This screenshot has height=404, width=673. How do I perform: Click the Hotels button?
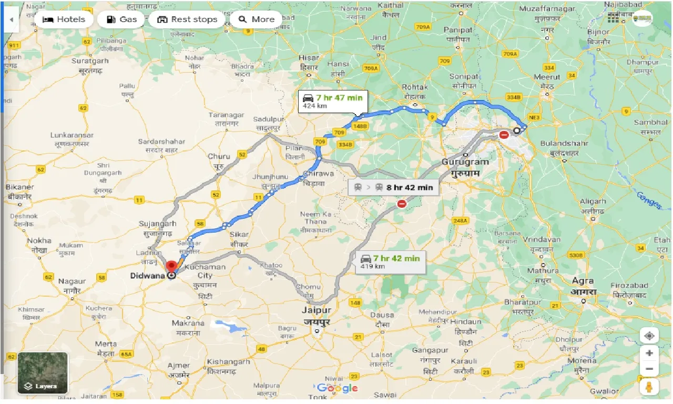point(64,19)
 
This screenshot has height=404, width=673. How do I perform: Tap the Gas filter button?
point(121,19)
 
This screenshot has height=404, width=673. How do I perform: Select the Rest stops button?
point(187,19)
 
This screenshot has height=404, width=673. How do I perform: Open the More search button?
point(256,19)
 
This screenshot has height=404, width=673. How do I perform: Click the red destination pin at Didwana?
point(171,266)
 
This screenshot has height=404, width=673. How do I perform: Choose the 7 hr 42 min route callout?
point(391,261)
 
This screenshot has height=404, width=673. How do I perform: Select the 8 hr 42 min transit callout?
point(394,187)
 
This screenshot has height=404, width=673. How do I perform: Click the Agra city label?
point(583,286)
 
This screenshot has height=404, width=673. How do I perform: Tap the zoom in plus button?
point(650,353)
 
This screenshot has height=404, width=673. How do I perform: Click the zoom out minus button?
point(650,369)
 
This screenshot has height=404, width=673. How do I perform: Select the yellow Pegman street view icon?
point(650,387)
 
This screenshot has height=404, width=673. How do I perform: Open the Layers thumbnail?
point(43,373)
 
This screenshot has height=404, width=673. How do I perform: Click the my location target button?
point(650,336)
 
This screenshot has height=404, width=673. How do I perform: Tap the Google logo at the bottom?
point(338,388)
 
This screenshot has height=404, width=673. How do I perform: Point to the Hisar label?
point(309,62)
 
